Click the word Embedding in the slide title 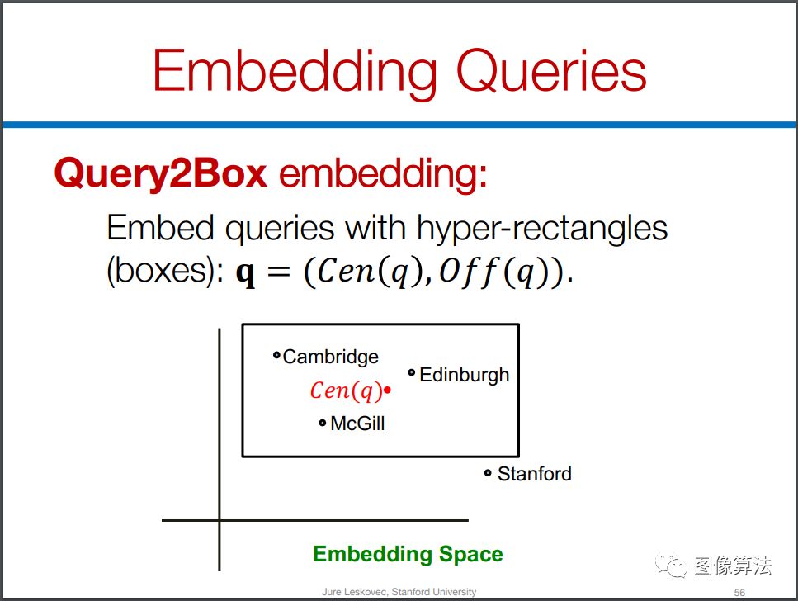click(295, 71)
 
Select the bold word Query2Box click(160, 173)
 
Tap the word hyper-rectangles click(542, 228)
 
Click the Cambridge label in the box click(330, 357)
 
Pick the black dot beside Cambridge click(276, 355)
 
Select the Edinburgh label click(464, 375)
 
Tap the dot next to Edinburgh click(411, 373)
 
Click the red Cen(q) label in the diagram click(346, 390)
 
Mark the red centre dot click(387, 390)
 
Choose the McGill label click(357, 424)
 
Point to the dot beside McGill click(322, 423)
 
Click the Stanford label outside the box click(535, 474)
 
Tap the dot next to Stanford click(488, 474)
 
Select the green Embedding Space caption click(408, 554)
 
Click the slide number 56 click(739, 593)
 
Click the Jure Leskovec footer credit click(399, 592)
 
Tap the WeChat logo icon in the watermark click(671, 566)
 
